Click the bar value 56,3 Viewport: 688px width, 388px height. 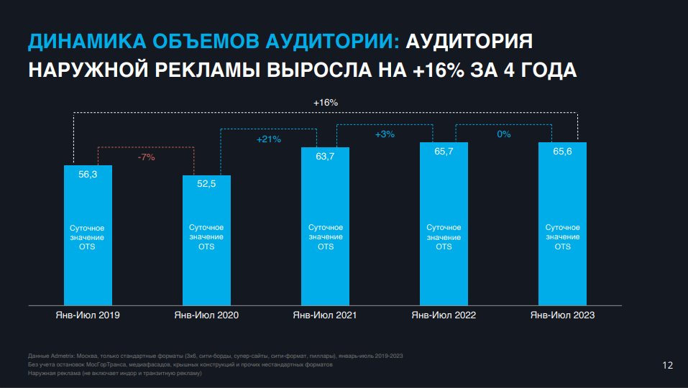[x=88, y=174]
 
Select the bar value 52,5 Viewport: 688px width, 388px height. [x=206, y=184]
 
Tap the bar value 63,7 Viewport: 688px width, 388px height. [x=325, y=157]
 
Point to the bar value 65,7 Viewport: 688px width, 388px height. [x=444, y=152]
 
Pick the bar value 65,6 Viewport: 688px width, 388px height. [x=562, y=152]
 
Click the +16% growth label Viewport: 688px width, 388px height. [x=325, y=103]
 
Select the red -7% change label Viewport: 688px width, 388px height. [x=146, y=157]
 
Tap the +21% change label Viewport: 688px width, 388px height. [x=268, y=139]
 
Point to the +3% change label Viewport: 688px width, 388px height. [x=385, y=134]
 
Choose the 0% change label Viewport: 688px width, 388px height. [x=503, y=134]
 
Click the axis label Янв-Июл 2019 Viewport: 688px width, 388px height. [x=88, y=315]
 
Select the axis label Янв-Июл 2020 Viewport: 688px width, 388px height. [x=206, y=315]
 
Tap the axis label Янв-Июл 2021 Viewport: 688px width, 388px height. [x=325, y=315]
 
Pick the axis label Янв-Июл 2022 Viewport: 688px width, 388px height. [x=444, y=315]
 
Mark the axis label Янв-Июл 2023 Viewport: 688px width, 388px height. [x=562, y=315]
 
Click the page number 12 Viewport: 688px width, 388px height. [x=667, y=366]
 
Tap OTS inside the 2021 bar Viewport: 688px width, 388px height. [x=325, y=246]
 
